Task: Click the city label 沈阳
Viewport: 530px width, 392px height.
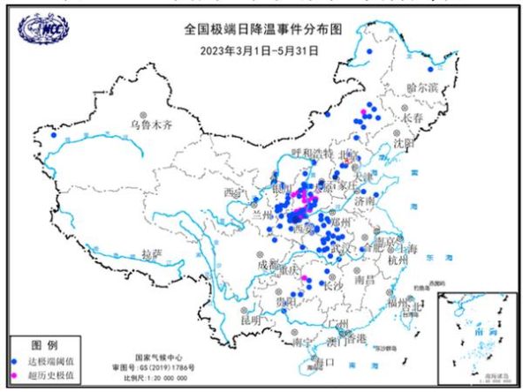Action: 403,141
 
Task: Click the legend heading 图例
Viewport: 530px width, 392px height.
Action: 44,343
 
